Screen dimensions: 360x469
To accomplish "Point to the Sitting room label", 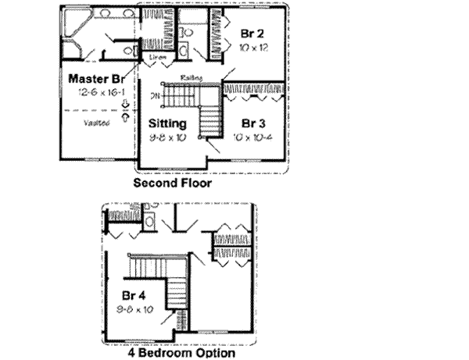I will click(167, 123).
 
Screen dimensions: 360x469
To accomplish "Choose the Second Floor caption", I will click(172, 184).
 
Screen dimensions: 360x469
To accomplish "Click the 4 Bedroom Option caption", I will click(181, 352).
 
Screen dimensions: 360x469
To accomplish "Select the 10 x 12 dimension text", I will click(250, 48).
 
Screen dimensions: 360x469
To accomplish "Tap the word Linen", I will click(159, 57).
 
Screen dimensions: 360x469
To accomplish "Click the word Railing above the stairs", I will click(191, 77).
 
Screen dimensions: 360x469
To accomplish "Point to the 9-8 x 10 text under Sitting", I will click(167, 137).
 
